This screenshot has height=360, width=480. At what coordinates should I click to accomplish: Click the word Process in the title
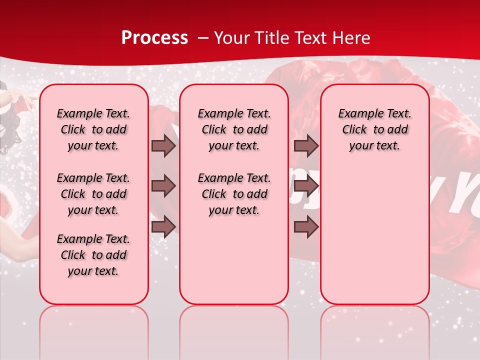154,38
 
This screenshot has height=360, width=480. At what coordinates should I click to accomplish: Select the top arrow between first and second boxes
163,145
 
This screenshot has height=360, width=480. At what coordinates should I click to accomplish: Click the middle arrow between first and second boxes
163,186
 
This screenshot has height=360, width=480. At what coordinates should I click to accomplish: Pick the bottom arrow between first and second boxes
163,226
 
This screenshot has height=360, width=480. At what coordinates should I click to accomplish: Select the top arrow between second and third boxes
306,145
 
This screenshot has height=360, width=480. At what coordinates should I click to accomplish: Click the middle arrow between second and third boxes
306,186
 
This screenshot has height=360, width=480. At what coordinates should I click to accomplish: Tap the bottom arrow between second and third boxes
306,226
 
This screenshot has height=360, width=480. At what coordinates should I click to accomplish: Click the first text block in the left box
93,129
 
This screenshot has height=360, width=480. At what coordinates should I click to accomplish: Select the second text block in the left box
93,194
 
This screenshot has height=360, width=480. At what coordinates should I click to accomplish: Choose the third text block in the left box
93,255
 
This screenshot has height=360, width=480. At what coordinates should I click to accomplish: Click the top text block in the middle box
234,129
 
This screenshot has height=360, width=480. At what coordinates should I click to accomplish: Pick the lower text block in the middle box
234,194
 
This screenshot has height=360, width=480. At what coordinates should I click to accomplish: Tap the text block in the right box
374,129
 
